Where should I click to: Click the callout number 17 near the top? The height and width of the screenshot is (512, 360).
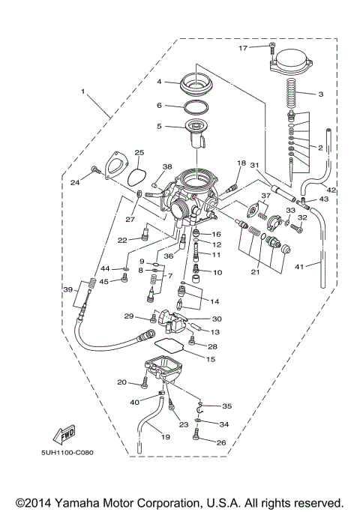(x=243, y=48)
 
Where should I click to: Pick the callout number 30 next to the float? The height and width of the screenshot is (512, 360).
(x=216, y=319)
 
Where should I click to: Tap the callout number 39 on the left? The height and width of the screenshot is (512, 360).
(x=67, y=290)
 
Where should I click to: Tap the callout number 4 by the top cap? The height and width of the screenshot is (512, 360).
(x=159, y=81)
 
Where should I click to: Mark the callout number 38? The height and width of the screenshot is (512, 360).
(x=168, y=166)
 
